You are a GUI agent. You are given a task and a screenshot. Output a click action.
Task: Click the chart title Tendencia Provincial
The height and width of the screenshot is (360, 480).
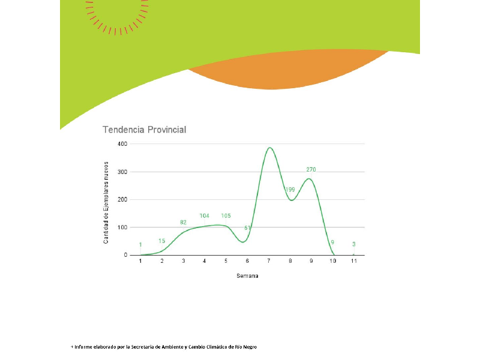144,130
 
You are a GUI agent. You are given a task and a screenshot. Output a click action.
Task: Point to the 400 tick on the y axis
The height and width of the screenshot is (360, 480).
122,144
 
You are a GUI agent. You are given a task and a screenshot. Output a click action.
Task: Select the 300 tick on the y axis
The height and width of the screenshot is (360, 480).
122,172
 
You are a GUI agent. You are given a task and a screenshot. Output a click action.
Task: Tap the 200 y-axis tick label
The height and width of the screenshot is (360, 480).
122,199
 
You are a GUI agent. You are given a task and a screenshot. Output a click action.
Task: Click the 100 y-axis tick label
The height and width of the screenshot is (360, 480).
122,227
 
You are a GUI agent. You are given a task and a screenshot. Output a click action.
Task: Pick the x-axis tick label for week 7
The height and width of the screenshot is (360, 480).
268,261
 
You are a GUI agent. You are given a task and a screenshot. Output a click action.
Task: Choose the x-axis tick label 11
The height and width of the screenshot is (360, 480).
354,261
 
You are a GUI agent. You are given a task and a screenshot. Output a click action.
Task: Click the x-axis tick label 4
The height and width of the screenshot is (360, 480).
204,261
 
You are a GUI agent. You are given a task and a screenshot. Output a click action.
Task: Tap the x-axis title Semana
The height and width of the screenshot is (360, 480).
247,277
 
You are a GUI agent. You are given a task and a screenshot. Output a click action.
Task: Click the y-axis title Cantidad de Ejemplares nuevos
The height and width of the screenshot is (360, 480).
106,202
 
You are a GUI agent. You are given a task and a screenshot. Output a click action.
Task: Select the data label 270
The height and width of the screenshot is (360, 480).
311,170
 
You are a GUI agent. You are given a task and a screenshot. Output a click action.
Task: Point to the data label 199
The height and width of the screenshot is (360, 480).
290,190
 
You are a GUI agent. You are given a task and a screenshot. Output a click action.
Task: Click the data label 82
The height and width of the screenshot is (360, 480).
183,223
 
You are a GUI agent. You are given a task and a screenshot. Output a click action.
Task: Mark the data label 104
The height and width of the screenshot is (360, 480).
204,215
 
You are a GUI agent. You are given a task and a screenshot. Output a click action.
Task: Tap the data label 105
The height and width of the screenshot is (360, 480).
226,215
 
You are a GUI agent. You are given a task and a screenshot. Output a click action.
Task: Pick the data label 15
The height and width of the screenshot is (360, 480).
161,241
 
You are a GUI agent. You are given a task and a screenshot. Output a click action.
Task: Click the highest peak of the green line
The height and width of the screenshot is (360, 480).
269,148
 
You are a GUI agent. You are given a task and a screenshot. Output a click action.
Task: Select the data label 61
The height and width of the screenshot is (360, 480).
247,228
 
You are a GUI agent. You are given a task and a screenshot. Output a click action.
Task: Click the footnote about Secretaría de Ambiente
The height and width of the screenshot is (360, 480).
164,347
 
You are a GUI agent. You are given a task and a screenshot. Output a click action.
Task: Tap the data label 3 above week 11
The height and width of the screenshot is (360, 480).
354,244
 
